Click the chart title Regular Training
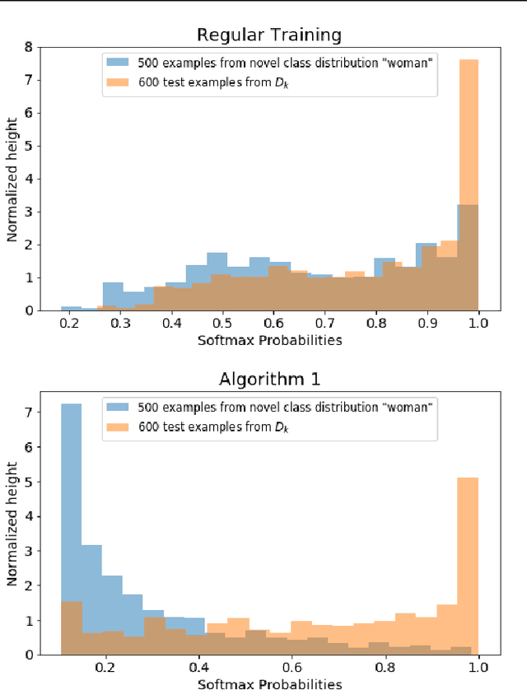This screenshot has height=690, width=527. point(268,35)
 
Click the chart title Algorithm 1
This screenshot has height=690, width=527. point(268,379)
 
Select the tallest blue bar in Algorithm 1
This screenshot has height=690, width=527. point(72,527)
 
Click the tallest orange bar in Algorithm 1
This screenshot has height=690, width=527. point(468,568)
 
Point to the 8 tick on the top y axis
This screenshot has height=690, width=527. point(28,48)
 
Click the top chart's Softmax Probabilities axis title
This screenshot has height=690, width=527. point(268,339)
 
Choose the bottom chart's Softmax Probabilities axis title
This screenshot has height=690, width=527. point(268,683)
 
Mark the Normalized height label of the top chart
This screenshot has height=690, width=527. point(12,179)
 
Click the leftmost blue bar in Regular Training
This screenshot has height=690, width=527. point(72,308)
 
